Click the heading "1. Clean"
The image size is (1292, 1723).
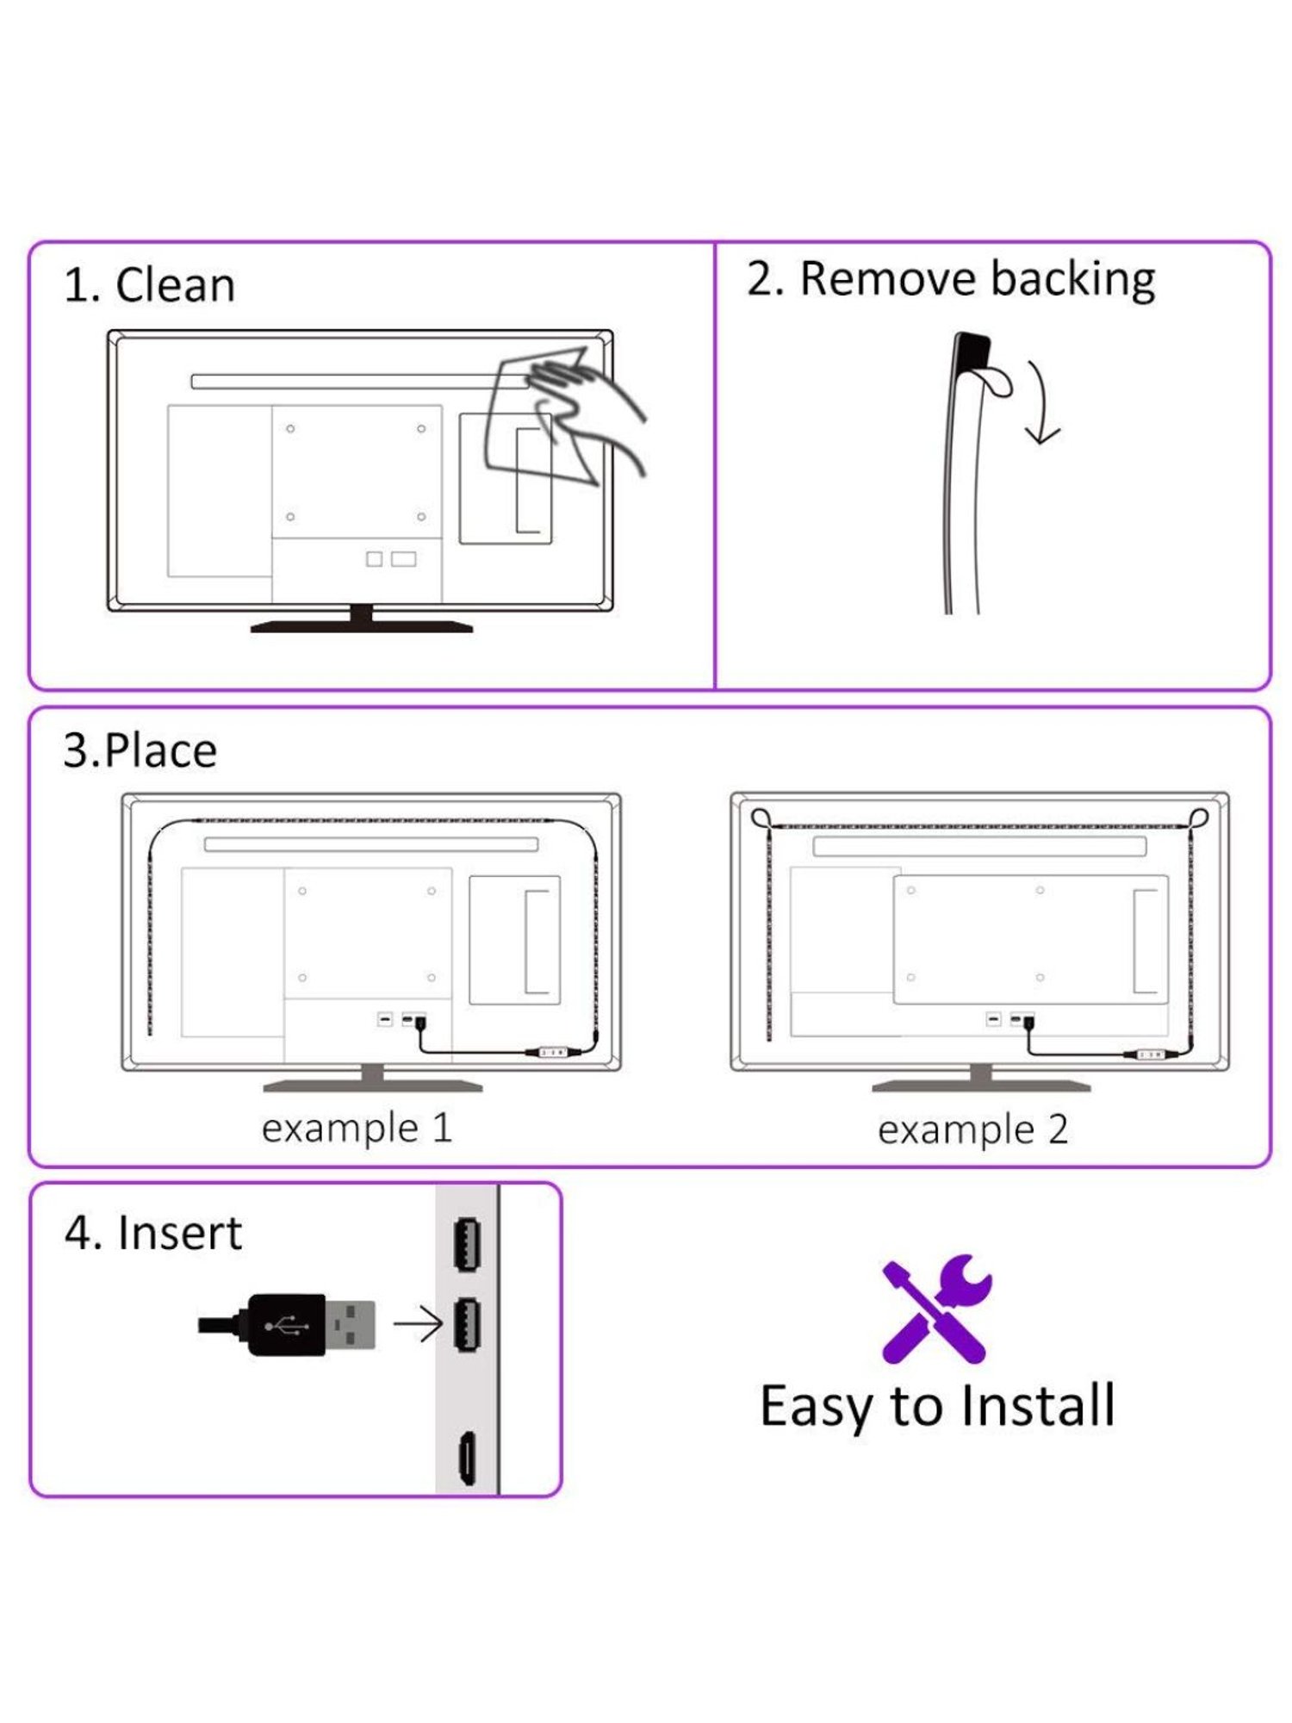click(149, 284)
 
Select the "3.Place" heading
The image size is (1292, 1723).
click(140, 750)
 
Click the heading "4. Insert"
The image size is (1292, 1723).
click(153, 1232)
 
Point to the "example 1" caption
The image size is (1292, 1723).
click(357, 1129)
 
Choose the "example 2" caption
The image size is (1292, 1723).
click(973, 1129)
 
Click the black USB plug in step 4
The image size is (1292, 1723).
click(287, 1325)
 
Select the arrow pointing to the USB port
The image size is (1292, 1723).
click(418, 1324)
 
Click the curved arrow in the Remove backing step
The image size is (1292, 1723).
click(1040, 403)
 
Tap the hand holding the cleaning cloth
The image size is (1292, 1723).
click(587, 413)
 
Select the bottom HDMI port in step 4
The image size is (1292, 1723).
click(466, 1458)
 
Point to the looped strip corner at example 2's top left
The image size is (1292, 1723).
click(761, 818)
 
